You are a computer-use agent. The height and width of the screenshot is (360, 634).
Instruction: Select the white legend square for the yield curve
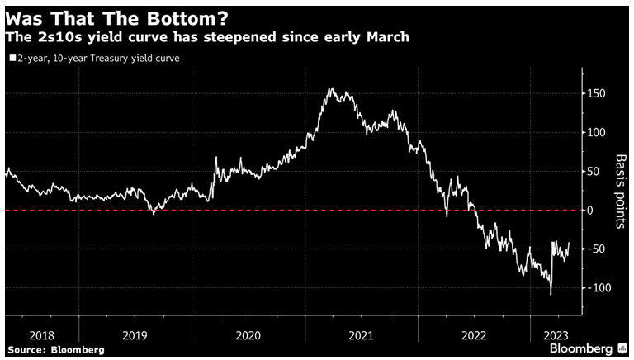(x=12, y=59)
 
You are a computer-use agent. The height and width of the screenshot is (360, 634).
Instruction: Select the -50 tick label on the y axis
(x=595, y=249)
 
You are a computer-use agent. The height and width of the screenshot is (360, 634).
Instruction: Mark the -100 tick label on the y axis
(x=598, y=287)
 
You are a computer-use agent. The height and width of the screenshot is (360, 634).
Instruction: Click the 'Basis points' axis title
(x=622, y=191)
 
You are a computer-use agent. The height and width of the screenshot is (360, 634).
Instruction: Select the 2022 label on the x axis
(x=473, y=335)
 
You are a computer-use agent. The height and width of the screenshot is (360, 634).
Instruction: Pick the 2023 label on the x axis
(x=555, y=335)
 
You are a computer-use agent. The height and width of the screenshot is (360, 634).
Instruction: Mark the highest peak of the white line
(x=331, y=88)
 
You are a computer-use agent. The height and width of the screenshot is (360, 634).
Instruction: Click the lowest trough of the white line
(x=551, y=293)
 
